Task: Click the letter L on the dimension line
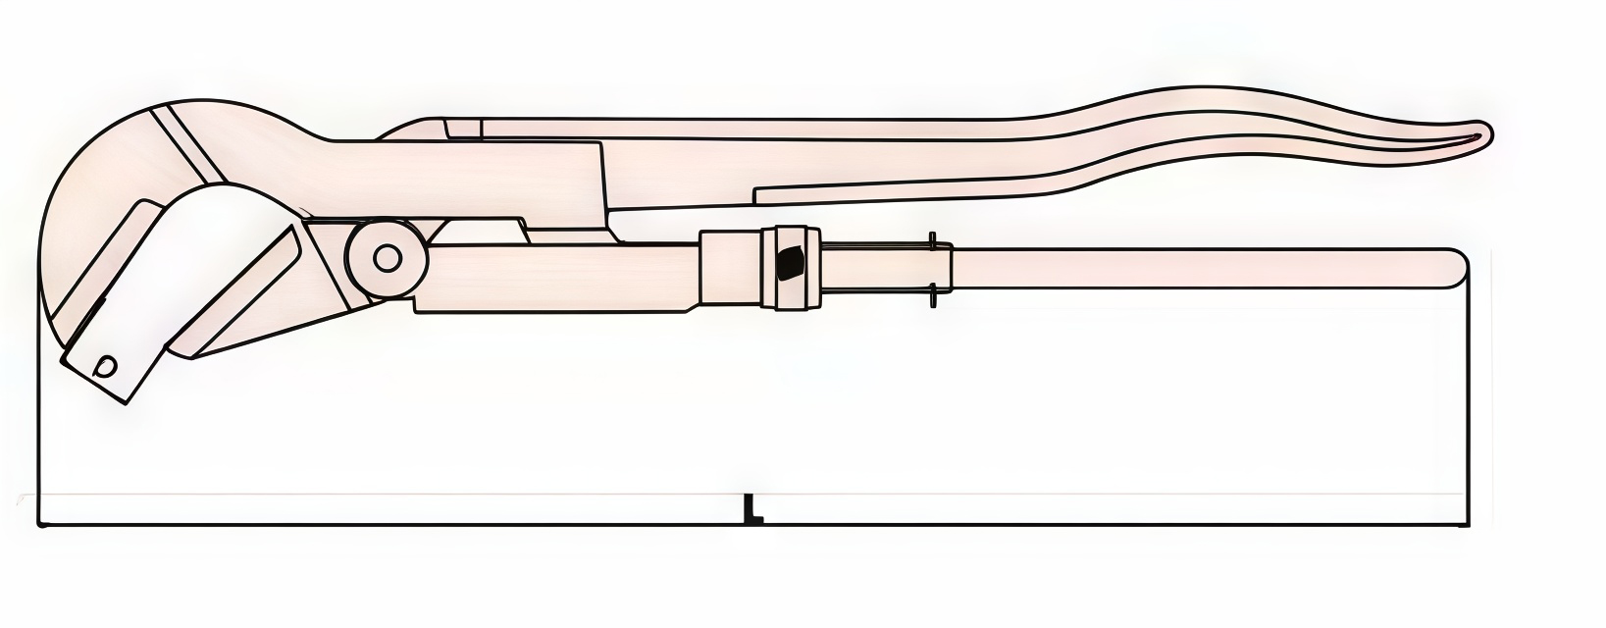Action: [752, 508]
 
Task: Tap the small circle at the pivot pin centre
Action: [388, 258]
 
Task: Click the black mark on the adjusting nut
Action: [788, 263]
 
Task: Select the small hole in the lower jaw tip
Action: [106, 366]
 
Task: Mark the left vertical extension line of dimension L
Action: [38, 412]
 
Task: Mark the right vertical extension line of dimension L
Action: [1469, 412]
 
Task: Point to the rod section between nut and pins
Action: [873, 268]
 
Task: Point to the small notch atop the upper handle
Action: [462, 128]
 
